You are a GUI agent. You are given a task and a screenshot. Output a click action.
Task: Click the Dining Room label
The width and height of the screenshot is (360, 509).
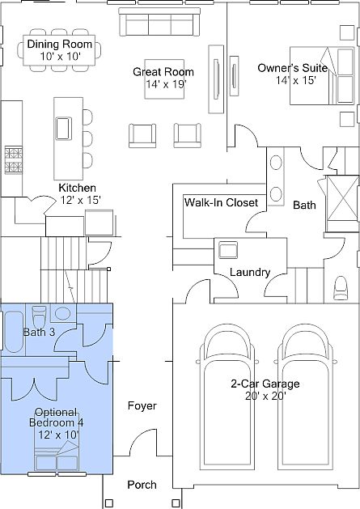coord(59,44)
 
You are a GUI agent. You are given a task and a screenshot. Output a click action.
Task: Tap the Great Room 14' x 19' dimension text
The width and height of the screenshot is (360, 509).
coord(166,84)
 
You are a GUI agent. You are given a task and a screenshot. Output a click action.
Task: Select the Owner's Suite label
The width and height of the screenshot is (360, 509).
coord(293,68)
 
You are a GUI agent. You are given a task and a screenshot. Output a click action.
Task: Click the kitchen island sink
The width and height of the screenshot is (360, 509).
coord(63,128)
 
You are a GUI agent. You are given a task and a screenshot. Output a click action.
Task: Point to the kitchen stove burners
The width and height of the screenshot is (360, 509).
coord(13,160)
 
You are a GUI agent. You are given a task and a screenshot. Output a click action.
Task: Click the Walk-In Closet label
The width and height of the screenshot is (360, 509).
coord(221,202)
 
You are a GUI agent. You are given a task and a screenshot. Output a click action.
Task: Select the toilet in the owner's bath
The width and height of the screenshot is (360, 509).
coord(341,288)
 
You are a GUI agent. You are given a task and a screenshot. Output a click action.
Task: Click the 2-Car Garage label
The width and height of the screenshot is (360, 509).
coord(265,384)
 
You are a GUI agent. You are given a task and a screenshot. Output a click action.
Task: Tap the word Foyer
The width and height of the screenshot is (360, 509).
coord(142,405)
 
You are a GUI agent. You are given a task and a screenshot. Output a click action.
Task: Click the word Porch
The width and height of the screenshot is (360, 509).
coord(142,485)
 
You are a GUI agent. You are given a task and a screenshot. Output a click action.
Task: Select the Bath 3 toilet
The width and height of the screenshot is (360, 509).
coord(40,317)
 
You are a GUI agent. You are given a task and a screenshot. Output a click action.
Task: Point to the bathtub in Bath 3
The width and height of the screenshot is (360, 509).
coord(14,332)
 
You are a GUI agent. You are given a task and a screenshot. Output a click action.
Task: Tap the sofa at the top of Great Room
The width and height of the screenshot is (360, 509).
coord(159,22)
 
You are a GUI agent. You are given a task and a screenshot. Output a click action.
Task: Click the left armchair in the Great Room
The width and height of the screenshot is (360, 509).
coord(142,135)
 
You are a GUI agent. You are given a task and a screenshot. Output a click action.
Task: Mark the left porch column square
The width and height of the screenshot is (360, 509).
coord(109,503)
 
